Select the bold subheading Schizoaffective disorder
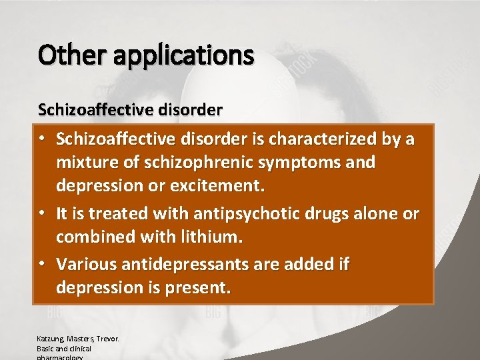130,109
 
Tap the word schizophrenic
211,163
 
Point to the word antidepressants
189,265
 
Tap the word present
199,288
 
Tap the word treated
119,214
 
